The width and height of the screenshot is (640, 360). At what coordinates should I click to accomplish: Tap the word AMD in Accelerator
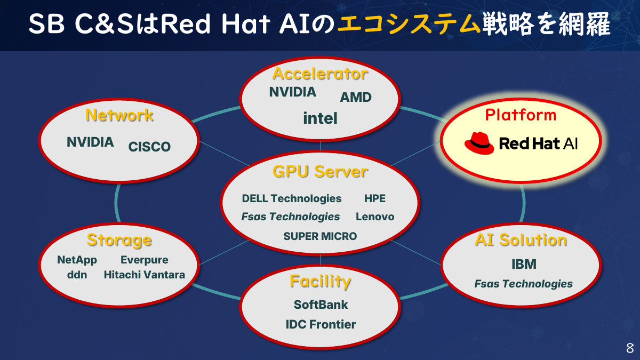pos(356,97)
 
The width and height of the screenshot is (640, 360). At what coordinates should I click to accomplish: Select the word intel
pos(320,118)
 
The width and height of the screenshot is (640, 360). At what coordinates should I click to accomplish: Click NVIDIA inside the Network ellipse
pos(90,142)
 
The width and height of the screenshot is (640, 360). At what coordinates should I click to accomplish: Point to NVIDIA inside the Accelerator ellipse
pos(292,92)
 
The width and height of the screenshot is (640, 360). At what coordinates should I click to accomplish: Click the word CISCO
pos(149,147)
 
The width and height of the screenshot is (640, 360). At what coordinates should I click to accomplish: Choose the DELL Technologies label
pos(291,198)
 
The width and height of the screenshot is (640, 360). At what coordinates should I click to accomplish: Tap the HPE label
pos(375,198)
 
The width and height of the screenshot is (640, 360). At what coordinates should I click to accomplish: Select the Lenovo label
pos(375,217)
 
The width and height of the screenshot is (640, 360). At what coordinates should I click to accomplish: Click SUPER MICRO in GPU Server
pos(320,236)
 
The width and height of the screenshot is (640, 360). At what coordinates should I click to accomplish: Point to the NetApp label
pos(77,260)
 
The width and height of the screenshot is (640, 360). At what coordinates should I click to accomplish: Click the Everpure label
pos(144,260)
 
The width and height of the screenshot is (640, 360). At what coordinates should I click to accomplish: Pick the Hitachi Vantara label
pos(144,275)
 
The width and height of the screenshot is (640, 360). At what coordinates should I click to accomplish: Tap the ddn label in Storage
pos(77,275)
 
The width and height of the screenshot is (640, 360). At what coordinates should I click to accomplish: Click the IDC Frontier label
pos(321,324)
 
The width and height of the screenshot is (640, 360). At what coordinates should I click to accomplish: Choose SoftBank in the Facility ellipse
pos(321,305)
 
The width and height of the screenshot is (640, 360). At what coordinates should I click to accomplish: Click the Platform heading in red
pos(521,115)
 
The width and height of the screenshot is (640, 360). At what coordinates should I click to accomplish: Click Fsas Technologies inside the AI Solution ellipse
pos(523,284)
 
